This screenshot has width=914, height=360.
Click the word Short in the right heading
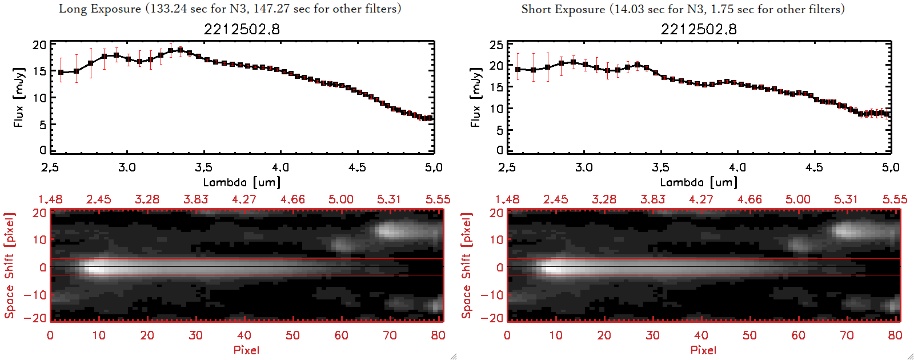(x=535, y=9)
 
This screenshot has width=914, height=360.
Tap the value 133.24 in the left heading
(x=168, y=9)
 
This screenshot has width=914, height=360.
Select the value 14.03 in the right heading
(x=628, y=9)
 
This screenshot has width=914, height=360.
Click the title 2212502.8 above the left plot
(x=242, y=29)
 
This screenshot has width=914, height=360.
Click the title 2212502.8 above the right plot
(x=699, y=29)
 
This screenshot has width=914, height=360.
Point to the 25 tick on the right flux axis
(x=496, y=45)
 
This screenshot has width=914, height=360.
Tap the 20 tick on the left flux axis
(x=39, y=45)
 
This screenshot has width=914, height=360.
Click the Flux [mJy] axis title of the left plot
(x=19, y=97)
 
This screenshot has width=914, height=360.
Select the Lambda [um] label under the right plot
(x=699, y=182)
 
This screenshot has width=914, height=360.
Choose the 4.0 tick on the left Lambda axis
(x=280, y=167)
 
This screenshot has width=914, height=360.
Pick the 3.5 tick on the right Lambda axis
(x=660, y=167)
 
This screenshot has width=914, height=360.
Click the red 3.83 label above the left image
(x=196, y=199)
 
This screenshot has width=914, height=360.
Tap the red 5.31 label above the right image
(x=846, y=199)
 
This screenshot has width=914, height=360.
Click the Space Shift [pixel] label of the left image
(x=10, y=266)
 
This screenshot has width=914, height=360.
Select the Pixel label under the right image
(x=703, y=350)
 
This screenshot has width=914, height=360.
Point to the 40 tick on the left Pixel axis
(x=244, y=335)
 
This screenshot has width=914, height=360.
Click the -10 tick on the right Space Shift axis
(x=492, y=295)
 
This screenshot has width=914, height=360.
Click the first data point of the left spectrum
(x=61, y=73)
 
